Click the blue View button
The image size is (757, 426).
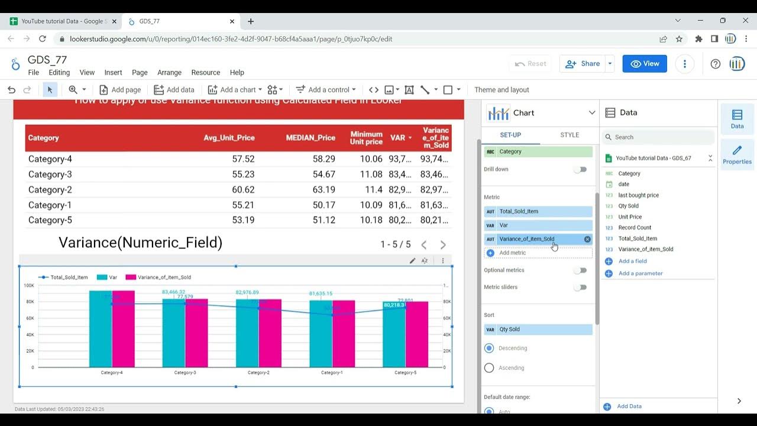click(645, 64)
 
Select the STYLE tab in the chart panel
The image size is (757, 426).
click(570, 135)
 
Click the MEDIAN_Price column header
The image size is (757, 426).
click(310, 138)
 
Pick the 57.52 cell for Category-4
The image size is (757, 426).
click(243, 159)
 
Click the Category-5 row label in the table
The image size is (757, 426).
click(50, 220)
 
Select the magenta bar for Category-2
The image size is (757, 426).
click(270, 333)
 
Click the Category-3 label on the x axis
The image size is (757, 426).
click(185, 373)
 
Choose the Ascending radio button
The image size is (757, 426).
click(489, 368)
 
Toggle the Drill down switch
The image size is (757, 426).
click(580, 169)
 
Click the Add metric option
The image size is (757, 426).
click(512, 253)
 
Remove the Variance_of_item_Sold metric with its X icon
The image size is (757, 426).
click(587, 239)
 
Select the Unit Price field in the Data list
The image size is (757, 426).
click(630, 217)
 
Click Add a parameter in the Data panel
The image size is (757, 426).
click(640, 273)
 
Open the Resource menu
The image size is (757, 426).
click(205, 73)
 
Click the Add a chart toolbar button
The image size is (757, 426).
click(235, 90)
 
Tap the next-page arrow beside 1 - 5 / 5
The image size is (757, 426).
click(443, 245)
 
